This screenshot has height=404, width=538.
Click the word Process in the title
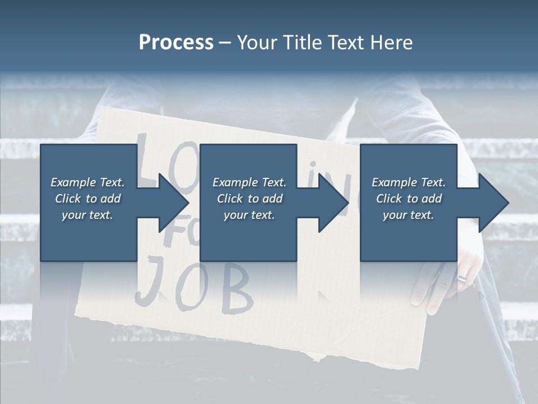pyautogui.click(x=176, y=43)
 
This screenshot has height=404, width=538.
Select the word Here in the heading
pyautogui.click(x=392, y=43)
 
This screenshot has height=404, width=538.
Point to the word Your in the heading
pyautogui.click(x=258, y=43)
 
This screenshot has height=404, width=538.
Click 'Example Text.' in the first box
pyautogui.click(x=87, y=182)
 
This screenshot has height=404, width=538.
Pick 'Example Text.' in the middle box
pyautogui.click(x=249, y=182)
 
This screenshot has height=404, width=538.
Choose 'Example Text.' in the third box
pyautogui.click(x=409, y=182)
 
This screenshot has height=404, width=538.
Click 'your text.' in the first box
pyautogui.click(x=87, y=215)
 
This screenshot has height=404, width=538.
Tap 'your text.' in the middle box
pyautogui.click(x=249, y=215)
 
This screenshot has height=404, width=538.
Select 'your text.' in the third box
pyautogui.click(x=409, y=215)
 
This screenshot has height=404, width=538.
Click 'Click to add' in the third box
pyautogui.click(x=409, y=199)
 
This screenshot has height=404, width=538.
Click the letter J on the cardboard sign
pyautogui.click(x=148, y=283)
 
